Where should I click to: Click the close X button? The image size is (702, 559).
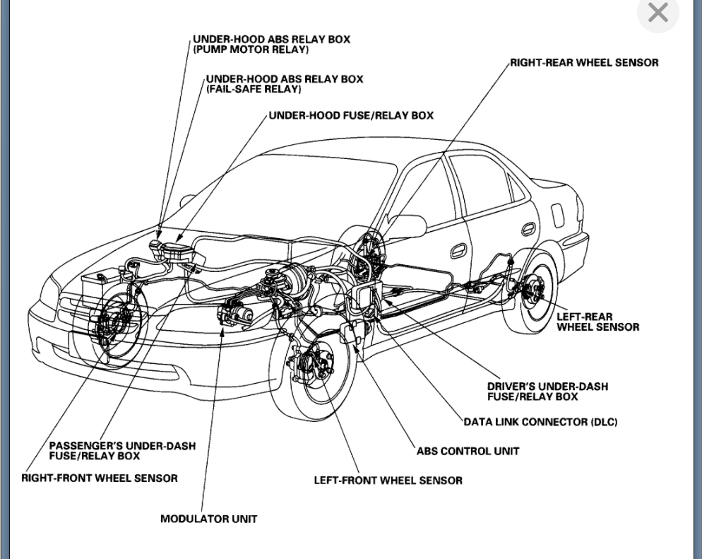(658, 13)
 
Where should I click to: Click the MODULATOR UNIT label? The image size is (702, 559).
(209, 519)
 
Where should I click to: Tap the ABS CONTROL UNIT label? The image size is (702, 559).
(468, 451)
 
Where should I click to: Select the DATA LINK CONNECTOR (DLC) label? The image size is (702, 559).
(540, 422)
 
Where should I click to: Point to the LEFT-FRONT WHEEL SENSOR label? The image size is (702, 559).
(388, 481)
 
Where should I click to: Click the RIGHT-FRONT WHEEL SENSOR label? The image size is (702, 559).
(100, 478)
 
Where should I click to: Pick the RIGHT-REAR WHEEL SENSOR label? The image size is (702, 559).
(584, 63)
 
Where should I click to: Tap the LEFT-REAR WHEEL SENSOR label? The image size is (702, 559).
(597, 322)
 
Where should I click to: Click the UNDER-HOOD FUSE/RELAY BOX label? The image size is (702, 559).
(351, 115)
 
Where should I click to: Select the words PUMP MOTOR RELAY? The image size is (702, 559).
(252, 50)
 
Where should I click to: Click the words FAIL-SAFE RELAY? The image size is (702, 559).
(254, 89)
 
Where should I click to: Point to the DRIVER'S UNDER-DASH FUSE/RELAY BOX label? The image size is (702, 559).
(547, 392)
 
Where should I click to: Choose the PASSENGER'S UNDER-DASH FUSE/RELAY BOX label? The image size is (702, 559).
(122, 451)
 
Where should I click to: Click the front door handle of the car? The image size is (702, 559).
(459, 250)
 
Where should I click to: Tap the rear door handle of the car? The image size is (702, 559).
(528, 228)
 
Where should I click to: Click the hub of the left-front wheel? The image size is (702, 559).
(311, 365)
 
